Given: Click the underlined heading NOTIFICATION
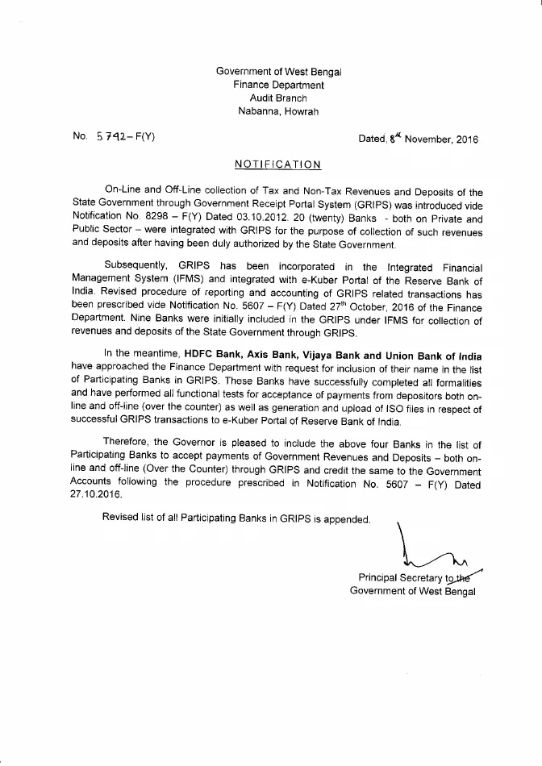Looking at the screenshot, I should [x=277, y=164].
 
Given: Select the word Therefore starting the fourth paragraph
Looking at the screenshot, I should [x=126, y=444].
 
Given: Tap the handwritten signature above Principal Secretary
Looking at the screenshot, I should [x=432, y=552].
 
